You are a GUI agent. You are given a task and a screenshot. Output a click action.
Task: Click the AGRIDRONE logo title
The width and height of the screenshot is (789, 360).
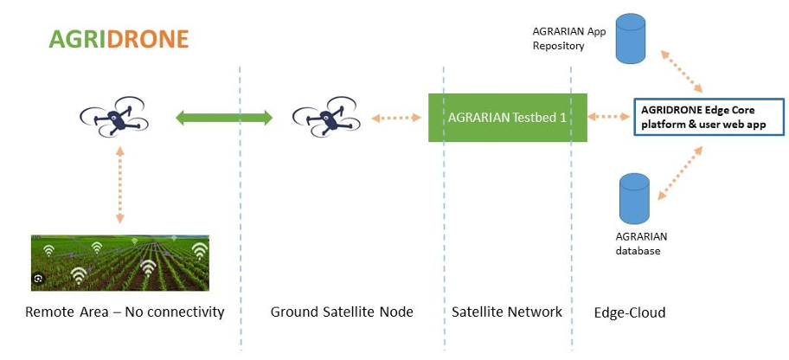(x=119, y=39)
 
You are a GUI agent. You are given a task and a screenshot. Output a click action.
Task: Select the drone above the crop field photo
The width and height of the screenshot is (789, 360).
(x=114, y=117)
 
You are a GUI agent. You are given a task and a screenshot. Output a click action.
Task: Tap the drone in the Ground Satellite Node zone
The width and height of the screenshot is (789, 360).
(x=326, y=117)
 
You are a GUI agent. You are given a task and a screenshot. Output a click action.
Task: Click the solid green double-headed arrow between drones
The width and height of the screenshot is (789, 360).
(x=224, y=118)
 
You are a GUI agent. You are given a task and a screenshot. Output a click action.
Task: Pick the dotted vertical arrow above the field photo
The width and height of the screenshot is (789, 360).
(x=119, y=185)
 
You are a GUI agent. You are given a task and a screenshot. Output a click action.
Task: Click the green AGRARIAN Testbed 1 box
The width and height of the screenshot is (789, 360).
(x=508, y=118)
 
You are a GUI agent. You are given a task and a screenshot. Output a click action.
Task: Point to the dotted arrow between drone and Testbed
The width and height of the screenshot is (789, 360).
(x=396, y=118)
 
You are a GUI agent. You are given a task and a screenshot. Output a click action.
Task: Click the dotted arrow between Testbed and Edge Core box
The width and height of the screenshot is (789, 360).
(x=609, y=117)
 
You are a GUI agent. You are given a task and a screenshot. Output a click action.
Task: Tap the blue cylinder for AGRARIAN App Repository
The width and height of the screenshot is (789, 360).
(x=631, y=39)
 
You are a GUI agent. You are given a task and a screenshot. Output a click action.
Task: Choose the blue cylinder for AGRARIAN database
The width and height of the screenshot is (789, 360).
(x=634, y=198)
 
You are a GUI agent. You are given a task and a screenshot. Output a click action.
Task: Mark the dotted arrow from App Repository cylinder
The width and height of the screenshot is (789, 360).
(x=682, y=72)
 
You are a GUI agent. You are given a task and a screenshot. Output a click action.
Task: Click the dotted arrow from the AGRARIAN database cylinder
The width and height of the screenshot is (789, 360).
(x=680, y=173)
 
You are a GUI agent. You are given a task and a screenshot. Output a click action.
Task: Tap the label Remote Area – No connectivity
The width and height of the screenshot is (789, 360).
(x=125, y=312)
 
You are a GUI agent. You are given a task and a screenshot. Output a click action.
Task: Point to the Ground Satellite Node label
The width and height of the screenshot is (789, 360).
(x=342, y=312)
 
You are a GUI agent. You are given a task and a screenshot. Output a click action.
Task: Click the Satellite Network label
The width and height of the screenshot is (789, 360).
(x=507, y=312)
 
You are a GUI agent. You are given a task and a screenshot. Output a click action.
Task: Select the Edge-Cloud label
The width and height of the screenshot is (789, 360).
(x=630, y=312)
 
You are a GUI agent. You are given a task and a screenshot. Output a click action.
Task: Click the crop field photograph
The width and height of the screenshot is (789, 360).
(x=120, y=263)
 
